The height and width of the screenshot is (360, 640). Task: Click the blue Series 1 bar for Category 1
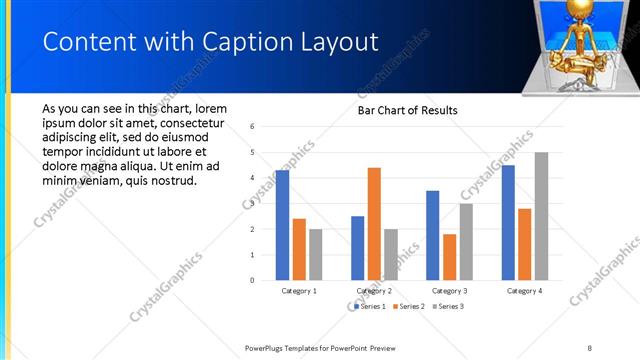283,225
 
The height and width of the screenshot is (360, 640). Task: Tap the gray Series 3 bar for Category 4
541,216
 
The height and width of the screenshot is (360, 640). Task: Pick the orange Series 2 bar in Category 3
449,257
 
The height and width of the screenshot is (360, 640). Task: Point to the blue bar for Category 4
508,222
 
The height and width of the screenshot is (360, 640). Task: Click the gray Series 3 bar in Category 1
316,254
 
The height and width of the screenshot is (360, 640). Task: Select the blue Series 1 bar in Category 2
358,248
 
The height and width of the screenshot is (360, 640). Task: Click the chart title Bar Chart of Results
408,110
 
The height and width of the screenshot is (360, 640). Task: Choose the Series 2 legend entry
410,306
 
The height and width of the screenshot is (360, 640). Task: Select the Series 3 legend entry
449,306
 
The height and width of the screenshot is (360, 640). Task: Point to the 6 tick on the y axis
253,127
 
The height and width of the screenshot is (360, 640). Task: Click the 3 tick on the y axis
253,204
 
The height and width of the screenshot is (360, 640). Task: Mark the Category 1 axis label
299,291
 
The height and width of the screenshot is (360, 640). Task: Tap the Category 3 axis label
449,291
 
